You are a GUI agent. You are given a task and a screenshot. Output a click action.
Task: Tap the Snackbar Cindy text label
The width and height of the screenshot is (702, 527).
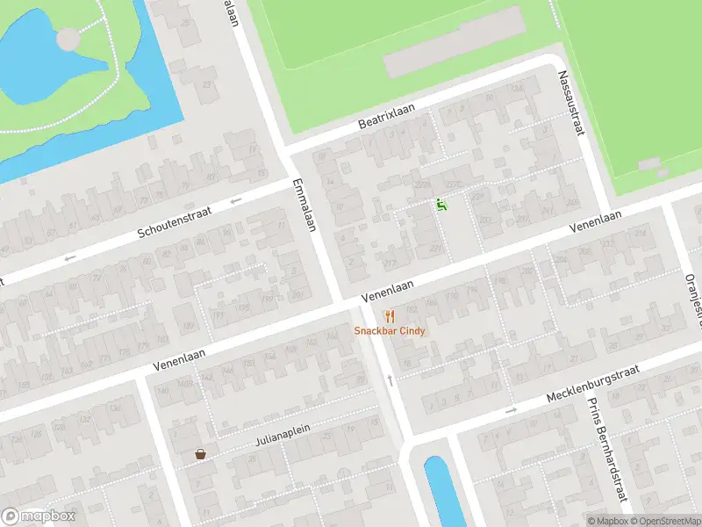(390, 331)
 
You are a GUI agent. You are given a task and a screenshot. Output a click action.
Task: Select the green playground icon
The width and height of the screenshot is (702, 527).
(441, 205)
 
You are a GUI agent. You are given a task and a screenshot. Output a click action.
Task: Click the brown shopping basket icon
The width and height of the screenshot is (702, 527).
(200, 455)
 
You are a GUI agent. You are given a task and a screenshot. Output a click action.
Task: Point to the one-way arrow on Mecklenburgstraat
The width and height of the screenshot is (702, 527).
(511, 410)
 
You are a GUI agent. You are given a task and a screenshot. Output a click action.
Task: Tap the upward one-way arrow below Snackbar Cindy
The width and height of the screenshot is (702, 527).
(390, 379)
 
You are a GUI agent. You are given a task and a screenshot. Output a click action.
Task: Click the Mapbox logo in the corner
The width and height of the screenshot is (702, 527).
(39, 516)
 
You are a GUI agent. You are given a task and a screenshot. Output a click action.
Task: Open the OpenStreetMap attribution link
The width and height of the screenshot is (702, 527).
(664, 521)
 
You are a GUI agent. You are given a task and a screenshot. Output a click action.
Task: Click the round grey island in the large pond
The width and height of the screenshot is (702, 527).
(68, 39)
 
